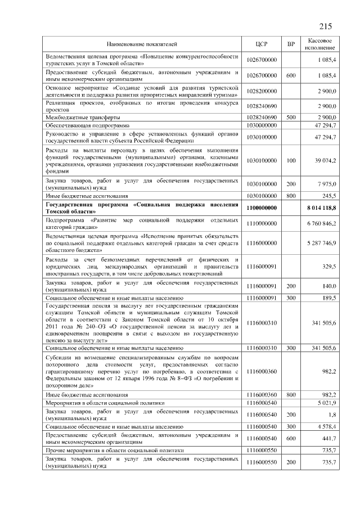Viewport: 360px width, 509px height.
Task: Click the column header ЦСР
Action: (x=261, y=43)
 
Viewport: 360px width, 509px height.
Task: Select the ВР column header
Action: (x=291, y=43)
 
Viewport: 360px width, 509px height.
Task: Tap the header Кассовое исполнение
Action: (x=321, y=43)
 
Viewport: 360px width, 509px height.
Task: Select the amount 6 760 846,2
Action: (x=321, y=223)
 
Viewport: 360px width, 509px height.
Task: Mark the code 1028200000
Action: (x=262, y=91)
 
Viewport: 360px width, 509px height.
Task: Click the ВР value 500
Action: (x=291, y=116)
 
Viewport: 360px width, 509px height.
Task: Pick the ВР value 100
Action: (x=291, y=160)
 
